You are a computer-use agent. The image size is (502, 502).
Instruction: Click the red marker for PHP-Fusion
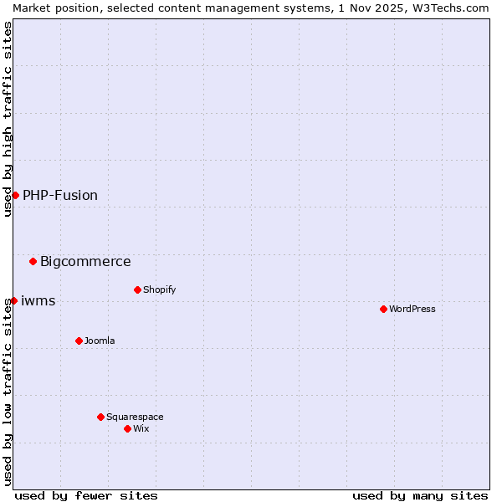(x=15, y=195)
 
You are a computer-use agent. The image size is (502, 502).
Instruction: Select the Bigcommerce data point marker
(x=33, y=261)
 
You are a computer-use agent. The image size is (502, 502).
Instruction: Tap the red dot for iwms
(x=13, y=300)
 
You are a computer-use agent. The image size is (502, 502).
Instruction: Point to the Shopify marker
(x=137, y=289)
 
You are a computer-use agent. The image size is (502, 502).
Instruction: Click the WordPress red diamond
(x=383, y=309)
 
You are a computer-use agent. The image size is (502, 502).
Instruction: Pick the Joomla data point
(x=79, y=341)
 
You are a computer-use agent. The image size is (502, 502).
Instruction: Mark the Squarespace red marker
(x=100, y=417)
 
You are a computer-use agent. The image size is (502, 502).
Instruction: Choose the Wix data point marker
(x=127, y=428)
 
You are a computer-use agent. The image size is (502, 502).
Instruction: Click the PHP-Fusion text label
(x=60, y=195)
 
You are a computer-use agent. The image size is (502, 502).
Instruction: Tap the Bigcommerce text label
(x=85, y=261)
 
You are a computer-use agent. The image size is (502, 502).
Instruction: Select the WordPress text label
(x=412, y=309)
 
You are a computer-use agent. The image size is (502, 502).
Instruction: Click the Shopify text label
(x=160, y=289)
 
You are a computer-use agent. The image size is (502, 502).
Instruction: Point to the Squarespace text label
(x=135, y=417)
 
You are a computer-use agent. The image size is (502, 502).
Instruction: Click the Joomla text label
(x=100, y=341)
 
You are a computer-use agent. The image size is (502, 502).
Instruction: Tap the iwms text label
(x=38, y=300)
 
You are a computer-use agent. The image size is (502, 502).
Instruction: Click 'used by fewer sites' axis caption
(x=86, y=495)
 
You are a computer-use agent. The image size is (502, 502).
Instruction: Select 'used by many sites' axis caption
(x=420, y=495)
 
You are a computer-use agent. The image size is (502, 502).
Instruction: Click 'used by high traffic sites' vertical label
(x=8, y=119)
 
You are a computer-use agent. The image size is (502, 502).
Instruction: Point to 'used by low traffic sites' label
(x=8, y=392)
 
